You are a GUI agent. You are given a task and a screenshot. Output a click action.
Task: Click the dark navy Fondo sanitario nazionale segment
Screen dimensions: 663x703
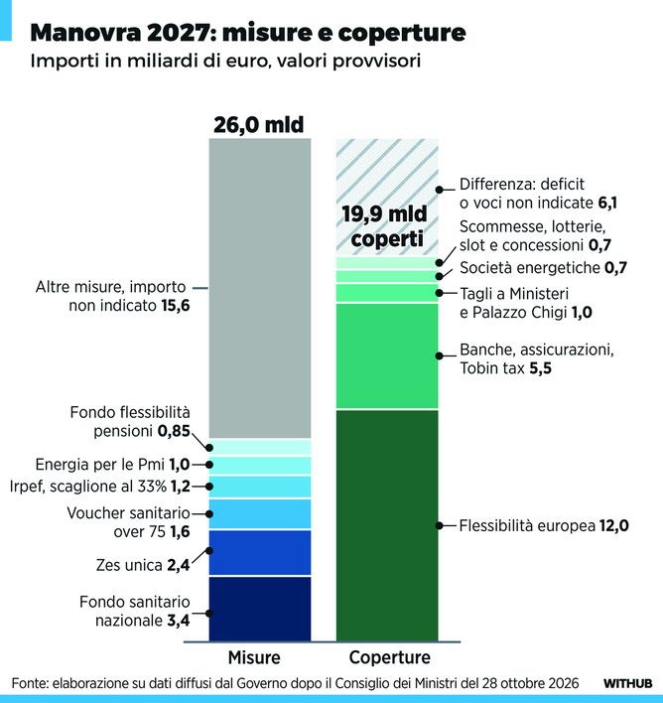(260, 609)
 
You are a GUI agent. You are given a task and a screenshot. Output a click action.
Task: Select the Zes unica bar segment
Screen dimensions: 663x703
(260, 553)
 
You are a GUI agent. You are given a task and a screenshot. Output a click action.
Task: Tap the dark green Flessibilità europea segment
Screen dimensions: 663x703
(387, 525)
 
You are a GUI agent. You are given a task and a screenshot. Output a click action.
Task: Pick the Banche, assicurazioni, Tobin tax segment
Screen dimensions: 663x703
(387, 356)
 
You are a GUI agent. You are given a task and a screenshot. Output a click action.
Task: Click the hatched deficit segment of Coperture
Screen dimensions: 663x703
(387, 198)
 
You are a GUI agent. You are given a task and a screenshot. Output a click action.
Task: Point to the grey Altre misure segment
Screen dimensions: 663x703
(260, 288)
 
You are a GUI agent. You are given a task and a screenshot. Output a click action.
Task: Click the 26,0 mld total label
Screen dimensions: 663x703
(259, 125)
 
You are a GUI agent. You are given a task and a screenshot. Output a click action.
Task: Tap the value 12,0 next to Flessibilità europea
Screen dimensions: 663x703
(614, 525)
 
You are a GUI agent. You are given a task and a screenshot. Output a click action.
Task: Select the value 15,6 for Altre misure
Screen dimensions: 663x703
(176, 306)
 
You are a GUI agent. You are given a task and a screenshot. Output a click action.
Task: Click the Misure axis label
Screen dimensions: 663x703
(254, 657)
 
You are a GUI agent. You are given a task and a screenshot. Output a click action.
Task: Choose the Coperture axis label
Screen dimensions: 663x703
(389, 657)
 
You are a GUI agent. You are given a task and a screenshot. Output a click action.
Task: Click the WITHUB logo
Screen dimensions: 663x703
(627, 683)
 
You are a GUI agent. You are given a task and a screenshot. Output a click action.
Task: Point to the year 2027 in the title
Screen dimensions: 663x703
(181, 33)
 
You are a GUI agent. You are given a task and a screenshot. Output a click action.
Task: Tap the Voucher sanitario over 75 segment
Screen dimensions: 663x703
(260, 513)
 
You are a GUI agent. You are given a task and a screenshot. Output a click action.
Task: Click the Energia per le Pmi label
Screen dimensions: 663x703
(112, 465)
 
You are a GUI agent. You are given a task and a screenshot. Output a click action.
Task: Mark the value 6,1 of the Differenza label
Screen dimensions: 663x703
(607, 204)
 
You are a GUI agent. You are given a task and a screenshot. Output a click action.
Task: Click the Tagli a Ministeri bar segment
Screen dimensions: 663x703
(387, 293)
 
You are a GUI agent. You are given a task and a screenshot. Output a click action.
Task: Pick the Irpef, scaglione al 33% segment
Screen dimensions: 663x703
(260, 487)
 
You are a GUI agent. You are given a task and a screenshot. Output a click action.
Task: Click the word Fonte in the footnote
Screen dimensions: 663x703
(30, 683)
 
